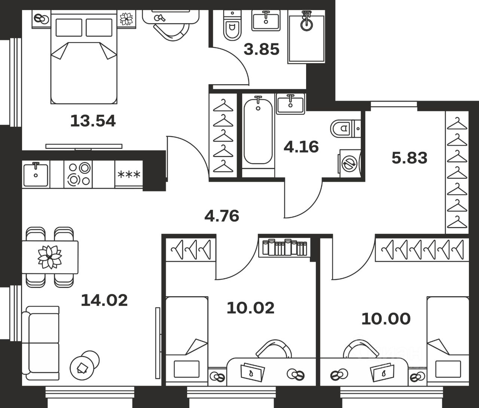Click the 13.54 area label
93,121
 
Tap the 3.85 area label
262,49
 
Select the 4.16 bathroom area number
301,147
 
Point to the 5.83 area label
409,158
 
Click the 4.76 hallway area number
222,216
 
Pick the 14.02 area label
104,300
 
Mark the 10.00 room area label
386,319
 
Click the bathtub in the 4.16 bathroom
258,132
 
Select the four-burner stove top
78,174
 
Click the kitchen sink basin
36,174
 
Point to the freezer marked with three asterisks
129,174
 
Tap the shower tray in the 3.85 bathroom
306,37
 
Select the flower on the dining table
50,257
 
